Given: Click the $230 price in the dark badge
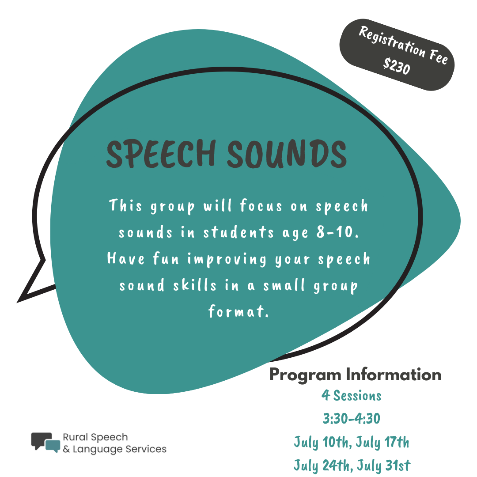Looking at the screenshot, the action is [x=397, y=66].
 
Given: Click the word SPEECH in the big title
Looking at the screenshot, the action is [x=161, y=154].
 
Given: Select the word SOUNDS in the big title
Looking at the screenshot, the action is [x=287, y=154].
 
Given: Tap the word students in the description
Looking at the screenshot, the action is [x=238, y=232].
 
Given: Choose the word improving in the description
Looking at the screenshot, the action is [x=227, y=260].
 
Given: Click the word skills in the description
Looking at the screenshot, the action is [x=195, y=285].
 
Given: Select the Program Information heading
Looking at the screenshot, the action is [x=355, y=375].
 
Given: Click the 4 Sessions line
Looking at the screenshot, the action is [x=352, y=395].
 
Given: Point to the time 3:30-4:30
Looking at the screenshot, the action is [x=352, y=419].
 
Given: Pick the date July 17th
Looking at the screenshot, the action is [x=382, y=443].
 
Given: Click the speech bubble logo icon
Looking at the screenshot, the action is [x=45, y=442].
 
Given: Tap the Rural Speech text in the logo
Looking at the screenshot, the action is [x=95, y=437].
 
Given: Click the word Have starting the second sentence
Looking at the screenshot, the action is [x=126, y=259].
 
